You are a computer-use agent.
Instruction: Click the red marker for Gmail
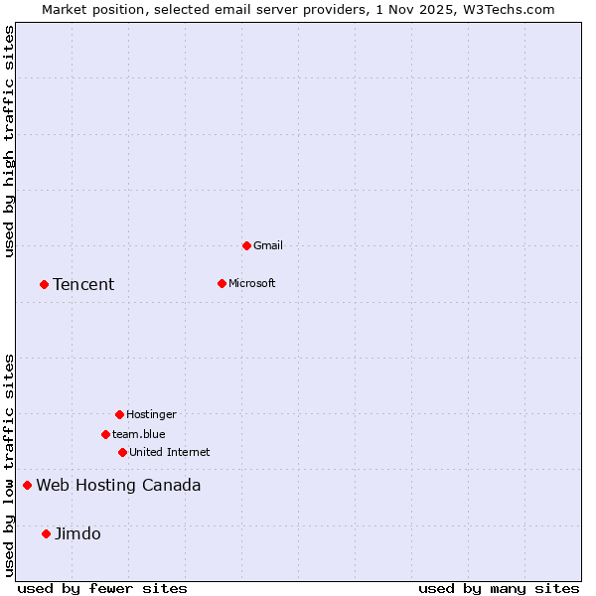[246, 245]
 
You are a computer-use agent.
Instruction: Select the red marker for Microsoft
[222, 283]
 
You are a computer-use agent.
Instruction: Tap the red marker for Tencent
[44, 285]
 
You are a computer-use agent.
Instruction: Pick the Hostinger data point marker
[119, 414]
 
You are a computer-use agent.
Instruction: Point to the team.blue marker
[105, 434]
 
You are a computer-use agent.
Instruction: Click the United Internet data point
[122, 452]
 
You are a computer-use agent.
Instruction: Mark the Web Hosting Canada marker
[27, 486]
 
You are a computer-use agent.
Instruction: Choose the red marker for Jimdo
[46, 534]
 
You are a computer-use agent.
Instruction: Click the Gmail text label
[268, 245]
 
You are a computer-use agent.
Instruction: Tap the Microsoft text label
[252, 283]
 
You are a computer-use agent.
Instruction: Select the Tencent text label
[83, 285]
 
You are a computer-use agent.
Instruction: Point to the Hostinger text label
[151, 414]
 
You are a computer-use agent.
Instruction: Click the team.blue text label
[139, 434]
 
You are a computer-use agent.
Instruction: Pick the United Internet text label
[170, 452]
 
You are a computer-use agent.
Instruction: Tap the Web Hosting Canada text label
[118, 486]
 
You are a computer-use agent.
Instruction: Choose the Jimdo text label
[77, 534]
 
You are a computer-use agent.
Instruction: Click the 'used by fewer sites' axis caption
[102, 588]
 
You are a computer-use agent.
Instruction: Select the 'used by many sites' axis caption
[499, 588]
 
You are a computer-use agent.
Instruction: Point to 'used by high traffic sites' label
[9, 141]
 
